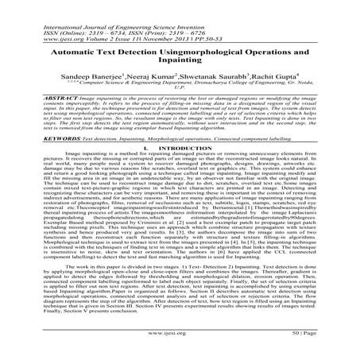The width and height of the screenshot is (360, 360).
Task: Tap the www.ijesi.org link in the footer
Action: (180, 349)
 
